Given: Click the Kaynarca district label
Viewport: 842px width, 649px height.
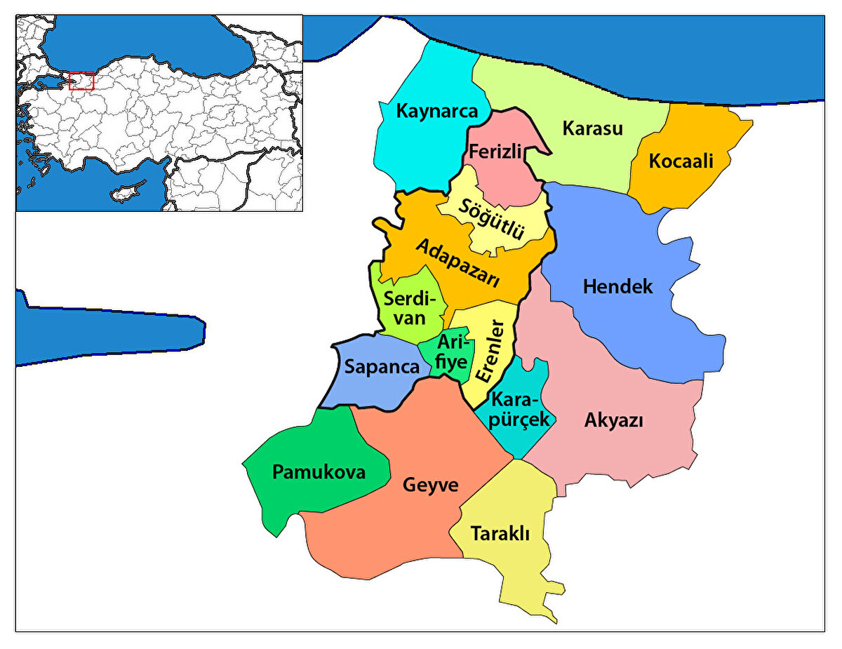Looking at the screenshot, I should [x=436, y=111].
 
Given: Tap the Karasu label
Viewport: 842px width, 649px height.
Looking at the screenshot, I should [x=593, y=128].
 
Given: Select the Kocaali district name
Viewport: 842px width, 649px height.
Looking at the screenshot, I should [x=681, y=161].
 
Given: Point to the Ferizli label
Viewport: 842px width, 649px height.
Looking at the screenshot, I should [x=496, y=152].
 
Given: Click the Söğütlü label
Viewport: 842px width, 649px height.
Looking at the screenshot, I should [x=492, y=218].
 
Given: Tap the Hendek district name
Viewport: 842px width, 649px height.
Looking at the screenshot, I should [x=617, y=286].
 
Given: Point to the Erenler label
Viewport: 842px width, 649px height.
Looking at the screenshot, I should [x=489, y=351].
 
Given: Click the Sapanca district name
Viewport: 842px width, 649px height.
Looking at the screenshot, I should [x=382, y=367].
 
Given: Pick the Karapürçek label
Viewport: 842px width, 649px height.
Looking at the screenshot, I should [x=519, y=410].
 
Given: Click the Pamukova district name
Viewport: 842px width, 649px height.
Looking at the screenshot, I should [x=319, y=471].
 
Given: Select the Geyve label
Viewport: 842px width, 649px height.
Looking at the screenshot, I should [x=430, y=485].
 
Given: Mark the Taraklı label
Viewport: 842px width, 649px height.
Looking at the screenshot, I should [x=500, y=533].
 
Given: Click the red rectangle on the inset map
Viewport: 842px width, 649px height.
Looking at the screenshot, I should [x=81, y=81].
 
